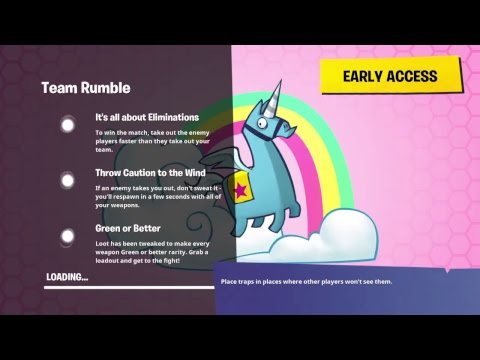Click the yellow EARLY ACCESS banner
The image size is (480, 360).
pyautogui.click(x=390, y=76)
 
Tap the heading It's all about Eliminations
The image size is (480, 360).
pyautogui.click(x=147, y=117)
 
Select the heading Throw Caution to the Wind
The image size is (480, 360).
pyautogui.click(x=151, y=172)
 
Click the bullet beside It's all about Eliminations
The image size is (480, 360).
pyautogui.click(x=68, y=125)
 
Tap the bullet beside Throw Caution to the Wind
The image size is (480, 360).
pyautogui.click(x=68, y=181)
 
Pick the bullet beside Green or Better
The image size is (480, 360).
pyautogui.click(x=68, y=237)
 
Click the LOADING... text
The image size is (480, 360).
pyautogui.click(x=67, y=277)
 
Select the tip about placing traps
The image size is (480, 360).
pyautogui.click(x=305, y=282)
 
